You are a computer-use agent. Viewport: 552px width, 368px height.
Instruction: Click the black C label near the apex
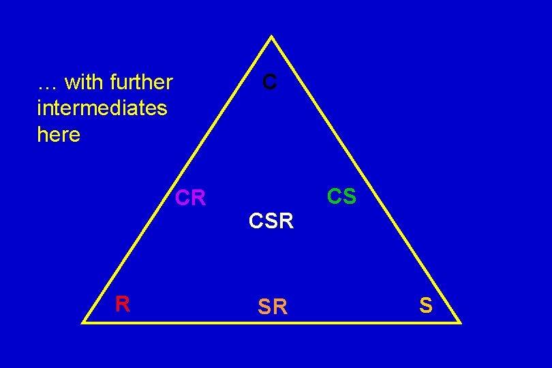click(270, 82)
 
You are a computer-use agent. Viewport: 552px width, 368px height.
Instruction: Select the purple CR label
click(190, 198)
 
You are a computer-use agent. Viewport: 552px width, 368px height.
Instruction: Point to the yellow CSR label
click(271, 221)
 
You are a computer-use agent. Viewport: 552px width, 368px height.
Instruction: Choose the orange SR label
click(273, 307)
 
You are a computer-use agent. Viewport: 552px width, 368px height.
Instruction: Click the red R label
click(123, 304)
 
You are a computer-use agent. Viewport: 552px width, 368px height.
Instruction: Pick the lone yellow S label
click(425, 305)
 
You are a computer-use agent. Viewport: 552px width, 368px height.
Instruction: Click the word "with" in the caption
click(83, 82)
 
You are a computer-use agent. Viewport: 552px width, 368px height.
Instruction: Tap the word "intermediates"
click(102, 108)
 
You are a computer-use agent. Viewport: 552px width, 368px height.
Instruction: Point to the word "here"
click(59, 134)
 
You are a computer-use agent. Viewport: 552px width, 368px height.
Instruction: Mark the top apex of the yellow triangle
click(272, 37)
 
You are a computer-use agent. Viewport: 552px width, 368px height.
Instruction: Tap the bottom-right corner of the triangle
click(460, 322)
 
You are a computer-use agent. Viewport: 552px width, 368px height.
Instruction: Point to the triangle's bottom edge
click(204, 322)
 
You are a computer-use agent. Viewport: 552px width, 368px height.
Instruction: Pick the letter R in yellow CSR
click(286, 221)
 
